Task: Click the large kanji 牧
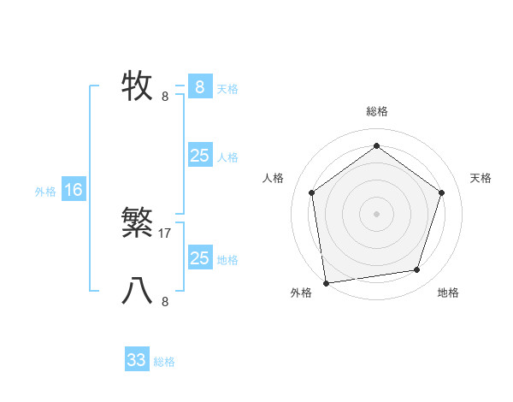tap(138, 86)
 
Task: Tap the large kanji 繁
tap(138, 224)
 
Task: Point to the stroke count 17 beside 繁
tap(165, 233)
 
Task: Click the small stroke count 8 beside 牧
tap(165, 96)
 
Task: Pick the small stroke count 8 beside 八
tap(165, 301)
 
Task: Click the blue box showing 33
tap(137, 360)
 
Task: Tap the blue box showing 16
tap(74, 190)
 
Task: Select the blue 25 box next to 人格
tap(199, 156)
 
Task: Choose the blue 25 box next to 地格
tap(199, 258)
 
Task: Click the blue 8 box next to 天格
tap(199, 87)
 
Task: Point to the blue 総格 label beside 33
tap(164, 362)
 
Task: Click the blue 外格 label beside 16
tap(45, 192)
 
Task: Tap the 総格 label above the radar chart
tap(376, 111)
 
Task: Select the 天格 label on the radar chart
tap(481, 178)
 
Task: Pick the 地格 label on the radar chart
tap(448, 293)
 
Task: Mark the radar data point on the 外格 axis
tap(326, 282)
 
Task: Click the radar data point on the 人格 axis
tap(311, 192)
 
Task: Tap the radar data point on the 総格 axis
tap(376, 145)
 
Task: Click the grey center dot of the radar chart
tap(376, 213)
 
